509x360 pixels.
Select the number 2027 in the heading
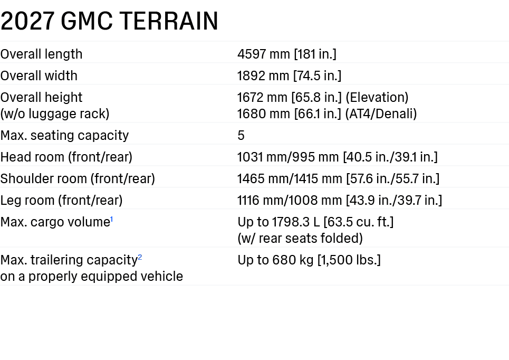[x=27, y=21]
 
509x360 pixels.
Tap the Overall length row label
[x=41, y=54]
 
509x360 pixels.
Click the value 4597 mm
[x=264, y=54]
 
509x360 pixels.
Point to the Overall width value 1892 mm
[x=263, y=75]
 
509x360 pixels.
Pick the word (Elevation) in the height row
[x=377, y=98]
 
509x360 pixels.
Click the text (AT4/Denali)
[x=381, y=113]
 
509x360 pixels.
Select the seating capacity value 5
[x=241, y=136]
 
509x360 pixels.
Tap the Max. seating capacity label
[x=64, y=136]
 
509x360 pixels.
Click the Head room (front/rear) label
[x=66, y=157]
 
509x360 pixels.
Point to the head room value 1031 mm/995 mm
[x=288, y=157]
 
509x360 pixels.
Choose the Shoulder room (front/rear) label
[x=78, y=179]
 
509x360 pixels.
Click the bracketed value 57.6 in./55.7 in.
[x=393, y=179]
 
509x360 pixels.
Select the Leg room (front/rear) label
[x=61, y=201]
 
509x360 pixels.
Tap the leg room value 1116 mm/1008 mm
[x=290, y=201]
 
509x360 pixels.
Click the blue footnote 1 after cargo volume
[x=112, y=220]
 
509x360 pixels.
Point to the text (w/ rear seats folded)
[x=300, y=239]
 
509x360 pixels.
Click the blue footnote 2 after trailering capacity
[x=140, y=257]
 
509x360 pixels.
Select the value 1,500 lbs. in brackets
[x=349, y=260]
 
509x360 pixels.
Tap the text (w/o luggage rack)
[x=55, y=113]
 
